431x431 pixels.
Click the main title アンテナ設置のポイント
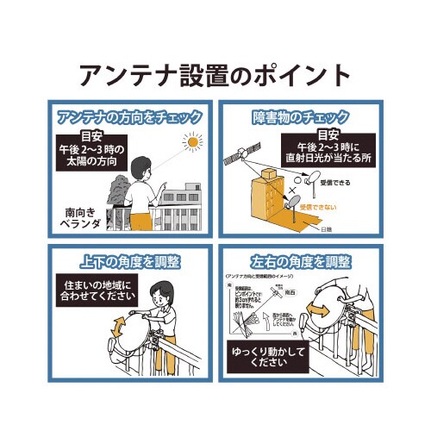click(x=215, y=74)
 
